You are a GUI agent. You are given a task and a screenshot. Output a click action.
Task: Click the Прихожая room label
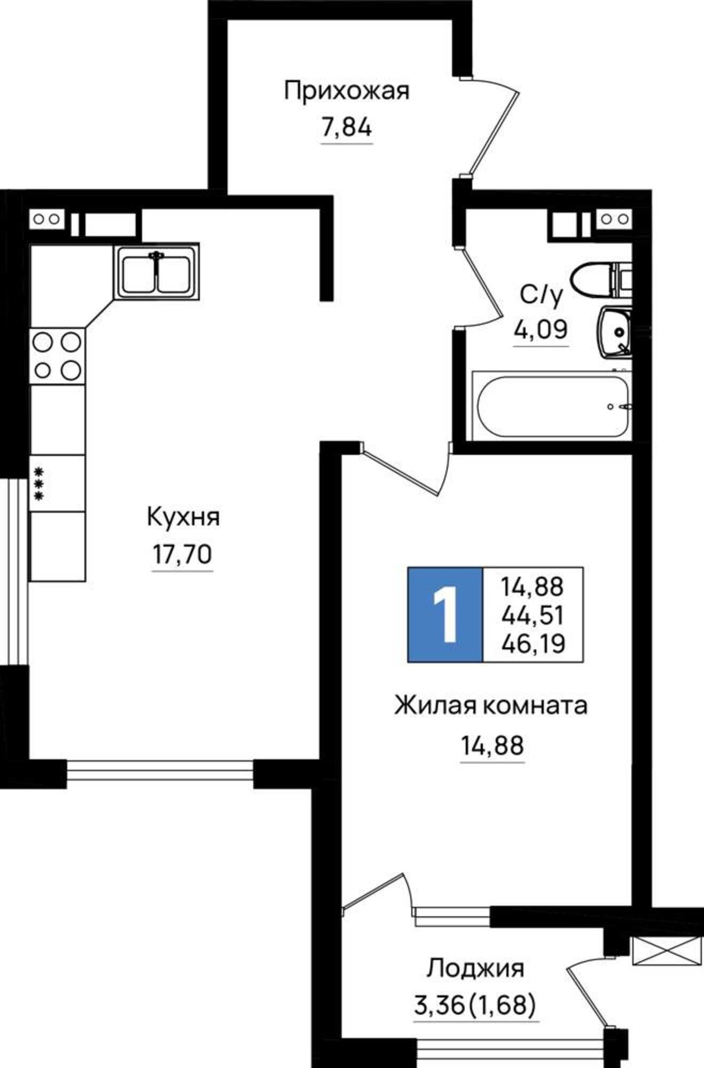pos(346,91)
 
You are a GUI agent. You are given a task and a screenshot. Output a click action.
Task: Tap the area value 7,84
pos(346,129)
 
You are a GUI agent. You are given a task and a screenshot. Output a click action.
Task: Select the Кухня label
pos(183,517)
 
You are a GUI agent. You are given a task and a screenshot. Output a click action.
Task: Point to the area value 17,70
pos(183,555)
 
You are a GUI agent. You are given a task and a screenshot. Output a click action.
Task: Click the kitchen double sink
pos(156,273)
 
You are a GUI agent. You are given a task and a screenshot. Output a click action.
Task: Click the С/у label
pos(541,296)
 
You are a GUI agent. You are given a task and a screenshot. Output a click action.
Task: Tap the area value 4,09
pos(541,330)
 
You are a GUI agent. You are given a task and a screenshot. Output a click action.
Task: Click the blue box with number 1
pos(445,615)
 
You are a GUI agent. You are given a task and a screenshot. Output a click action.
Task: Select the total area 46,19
pos(533,644)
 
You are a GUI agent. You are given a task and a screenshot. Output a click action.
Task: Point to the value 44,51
pos(533,616)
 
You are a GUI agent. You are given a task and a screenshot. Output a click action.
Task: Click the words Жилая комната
pos(491,706)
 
